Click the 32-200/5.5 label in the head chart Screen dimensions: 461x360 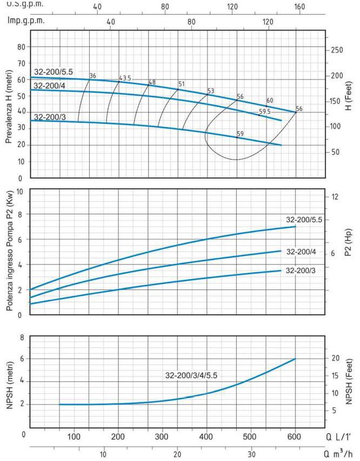[53, 72]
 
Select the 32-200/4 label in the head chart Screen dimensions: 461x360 [50, 85]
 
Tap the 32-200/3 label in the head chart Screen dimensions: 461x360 [50, 116]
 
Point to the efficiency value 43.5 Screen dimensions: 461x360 [125, 78]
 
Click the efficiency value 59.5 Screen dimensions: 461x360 [264, 112]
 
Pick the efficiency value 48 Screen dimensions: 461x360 [152, 82]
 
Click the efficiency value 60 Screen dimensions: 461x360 [270, 101]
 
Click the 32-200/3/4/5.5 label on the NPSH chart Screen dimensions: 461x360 [196, 374]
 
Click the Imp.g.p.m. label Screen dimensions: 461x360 [26, 21]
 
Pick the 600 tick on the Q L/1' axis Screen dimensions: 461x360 [295, 437]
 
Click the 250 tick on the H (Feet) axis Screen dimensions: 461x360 [336, 50]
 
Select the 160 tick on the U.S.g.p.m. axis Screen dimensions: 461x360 [299, 7]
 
